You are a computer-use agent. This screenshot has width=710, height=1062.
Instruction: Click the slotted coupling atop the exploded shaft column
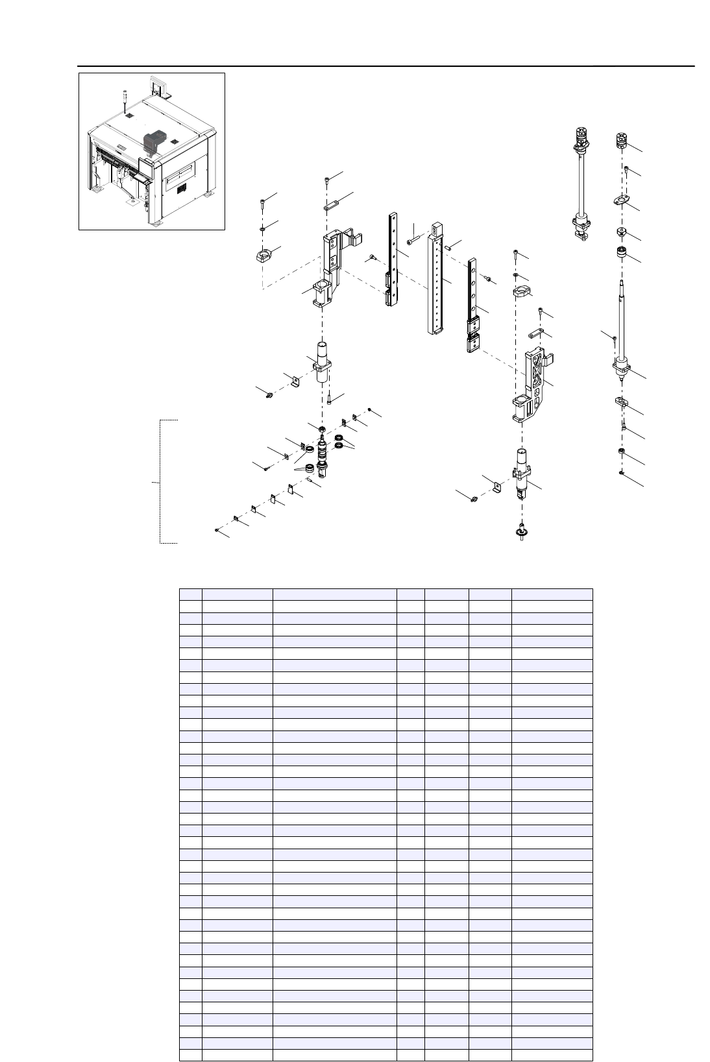click(621, 140)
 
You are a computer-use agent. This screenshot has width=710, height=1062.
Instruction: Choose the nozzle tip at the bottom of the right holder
click(521, 532)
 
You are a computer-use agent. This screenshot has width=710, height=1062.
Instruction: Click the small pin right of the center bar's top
click(448, 246)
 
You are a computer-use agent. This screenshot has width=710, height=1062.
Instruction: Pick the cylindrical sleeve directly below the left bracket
click(323, 363)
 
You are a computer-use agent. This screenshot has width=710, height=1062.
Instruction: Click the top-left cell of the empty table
click(191, 594)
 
